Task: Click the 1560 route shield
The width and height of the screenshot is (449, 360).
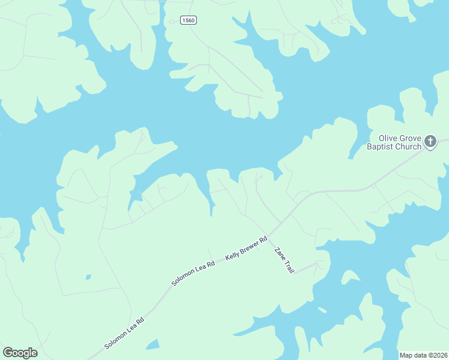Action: [188, 20]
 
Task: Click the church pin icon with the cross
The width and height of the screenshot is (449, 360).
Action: [430, 142]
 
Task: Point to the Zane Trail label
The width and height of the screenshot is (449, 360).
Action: [284, 261]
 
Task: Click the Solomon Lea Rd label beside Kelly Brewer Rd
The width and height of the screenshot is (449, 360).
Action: [193, 272]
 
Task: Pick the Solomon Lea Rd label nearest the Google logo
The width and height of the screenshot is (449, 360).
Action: [125, 333]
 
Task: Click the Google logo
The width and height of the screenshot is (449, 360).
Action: [20, 353]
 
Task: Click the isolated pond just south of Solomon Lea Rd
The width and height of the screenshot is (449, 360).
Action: [153, 344]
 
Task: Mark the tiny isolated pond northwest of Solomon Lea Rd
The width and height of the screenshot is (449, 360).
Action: [88, 277]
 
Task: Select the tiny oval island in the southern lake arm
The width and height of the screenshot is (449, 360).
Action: [323, 310]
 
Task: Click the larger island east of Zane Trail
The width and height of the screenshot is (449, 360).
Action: [350, 277]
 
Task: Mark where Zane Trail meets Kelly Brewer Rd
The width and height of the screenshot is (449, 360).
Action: [268, 236]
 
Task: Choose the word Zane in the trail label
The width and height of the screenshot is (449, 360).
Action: [279, 254]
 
